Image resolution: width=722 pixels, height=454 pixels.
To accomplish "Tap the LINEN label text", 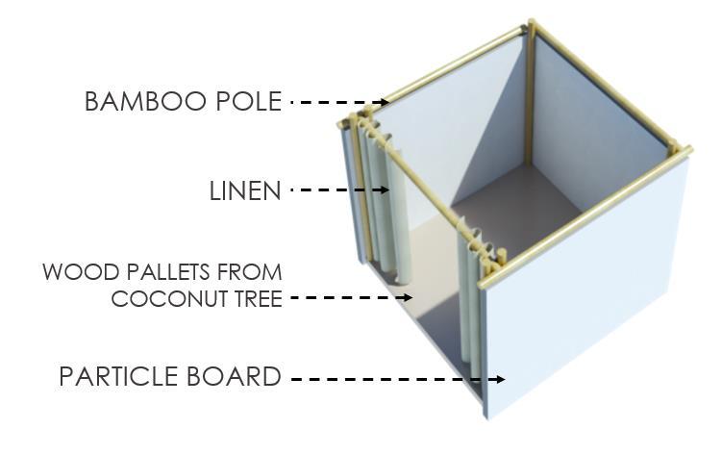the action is pyautogui.click(x=245, y=191).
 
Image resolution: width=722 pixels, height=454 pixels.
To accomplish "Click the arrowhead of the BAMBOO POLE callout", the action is pyautogui.click(x=386, y=102).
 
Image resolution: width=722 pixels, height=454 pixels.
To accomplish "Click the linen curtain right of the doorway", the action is pyautogui.click(x=471, y=308).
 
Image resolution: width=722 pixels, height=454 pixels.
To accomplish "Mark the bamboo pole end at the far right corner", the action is pyautogui.click(x=685, y=150).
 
